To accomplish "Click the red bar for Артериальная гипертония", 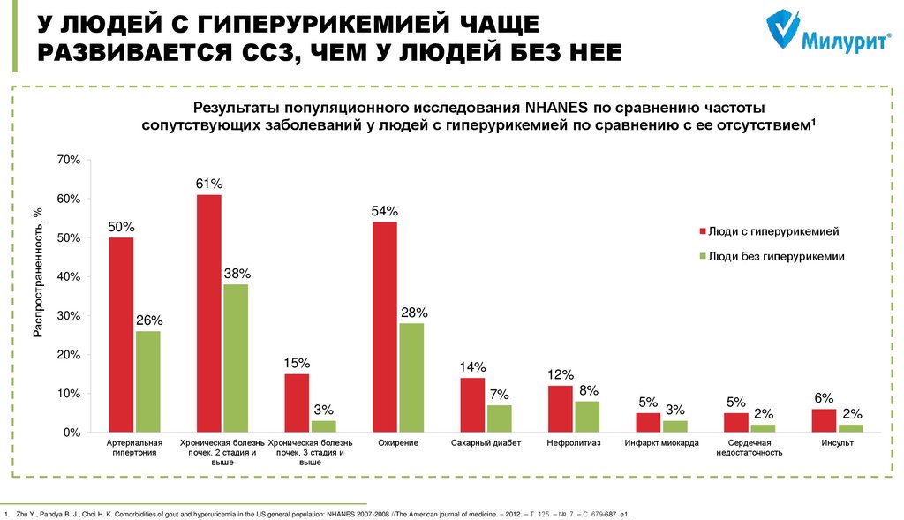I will click(x=121, y=335).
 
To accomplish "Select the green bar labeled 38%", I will click(x=235, y=358).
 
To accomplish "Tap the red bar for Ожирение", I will click(x=384, y=327).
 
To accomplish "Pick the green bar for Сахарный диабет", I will click(x=499, y=418).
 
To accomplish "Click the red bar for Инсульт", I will click(x=824, y=420).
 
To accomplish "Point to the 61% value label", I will click(x=209, y=184).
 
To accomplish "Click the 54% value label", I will click(x=384, y=211).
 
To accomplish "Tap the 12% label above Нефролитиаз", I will click(x=560, y=374).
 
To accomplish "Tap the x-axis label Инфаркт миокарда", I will click(x=661, y=443).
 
